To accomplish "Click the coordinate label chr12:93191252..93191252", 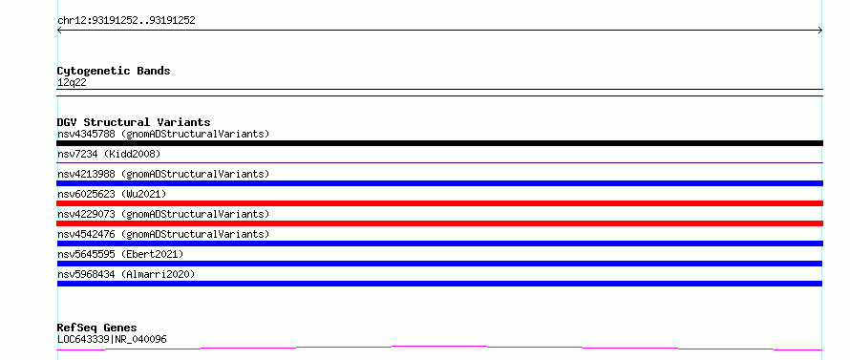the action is click(126, 21).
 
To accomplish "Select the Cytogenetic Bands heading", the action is click(114, 71).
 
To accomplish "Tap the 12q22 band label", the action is click(72, 83).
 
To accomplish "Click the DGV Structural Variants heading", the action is click(134, 122).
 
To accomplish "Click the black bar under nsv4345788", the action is click(439, 143).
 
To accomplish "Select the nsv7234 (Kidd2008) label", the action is click(109, 154).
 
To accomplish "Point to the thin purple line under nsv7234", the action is click(439, 162).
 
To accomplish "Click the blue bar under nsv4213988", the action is click(439, 183).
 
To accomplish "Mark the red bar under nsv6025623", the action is click(439, 203).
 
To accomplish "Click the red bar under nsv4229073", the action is click(439, 223).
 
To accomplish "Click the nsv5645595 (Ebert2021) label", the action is click(120, 254).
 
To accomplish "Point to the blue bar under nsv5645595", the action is click(439, 264).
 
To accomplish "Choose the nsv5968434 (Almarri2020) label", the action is click(126, 274).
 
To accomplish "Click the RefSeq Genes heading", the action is click(97, 328).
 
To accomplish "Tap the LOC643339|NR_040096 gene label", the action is click(112, 339).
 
